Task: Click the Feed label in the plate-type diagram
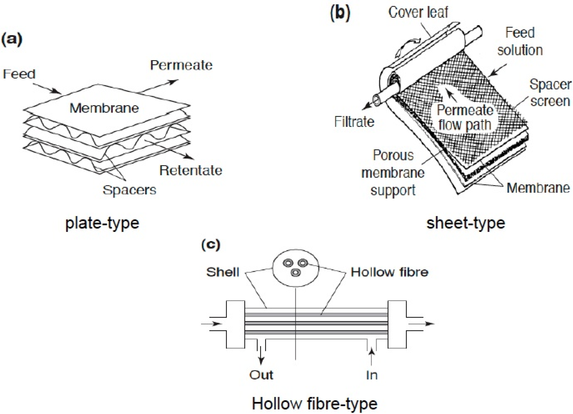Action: point(19,74)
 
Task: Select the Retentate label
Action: point(191,170)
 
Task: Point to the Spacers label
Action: point(129,190)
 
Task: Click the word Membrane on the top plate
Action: point(104,108)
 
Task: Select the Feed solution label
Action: point(520,41)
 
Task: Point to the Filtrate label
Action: point(354,122)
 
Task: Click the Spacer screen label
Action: point(550,93)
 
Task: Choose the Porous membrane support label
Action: point(393,173)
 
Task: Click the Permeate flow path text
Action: point(465,117)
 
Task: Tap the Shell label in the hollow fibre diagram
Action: point(223,272)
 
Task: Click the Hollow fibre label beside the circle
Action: point(390,272)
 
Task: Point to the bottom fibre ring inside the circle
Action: point(296,273)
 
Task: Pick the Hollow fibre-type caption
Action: point(315,404)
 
